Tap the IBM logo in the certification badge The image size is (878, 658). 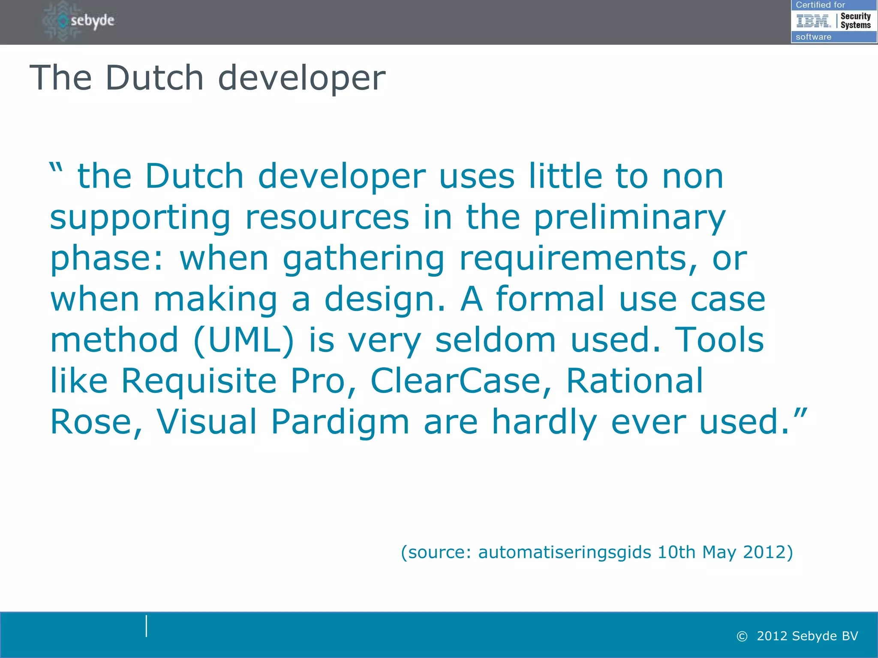click(x=813, y=21)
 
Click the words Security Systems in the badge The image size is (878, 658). click(x=855, y=21)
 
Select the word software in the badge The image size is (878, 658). click(x=813, y=37)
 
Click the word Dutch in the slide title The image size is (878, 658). click(x=154, y=78)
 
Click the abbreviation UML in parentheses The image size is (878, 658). click(x=244, y=340)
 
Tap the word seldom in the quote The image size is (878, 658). click(x=496, y=340)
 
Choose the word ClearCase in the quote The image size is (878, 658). click(x=461, y=381)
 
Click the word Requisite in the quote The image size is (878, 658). click(x=199, y=382)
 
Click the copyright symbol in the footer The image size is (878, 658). click(x=742, y=637)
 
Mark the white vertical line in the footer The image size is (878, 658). click(x=147, y=626)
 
